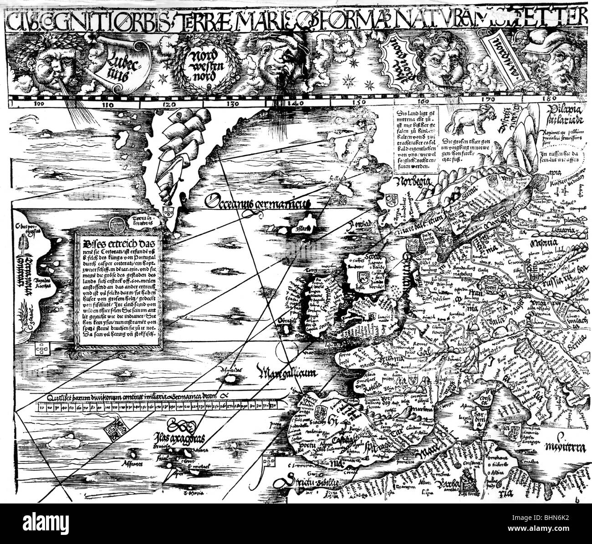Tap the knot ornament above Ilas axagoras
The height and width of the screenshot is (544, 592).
pyautogui.click(x=182, y=425)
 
